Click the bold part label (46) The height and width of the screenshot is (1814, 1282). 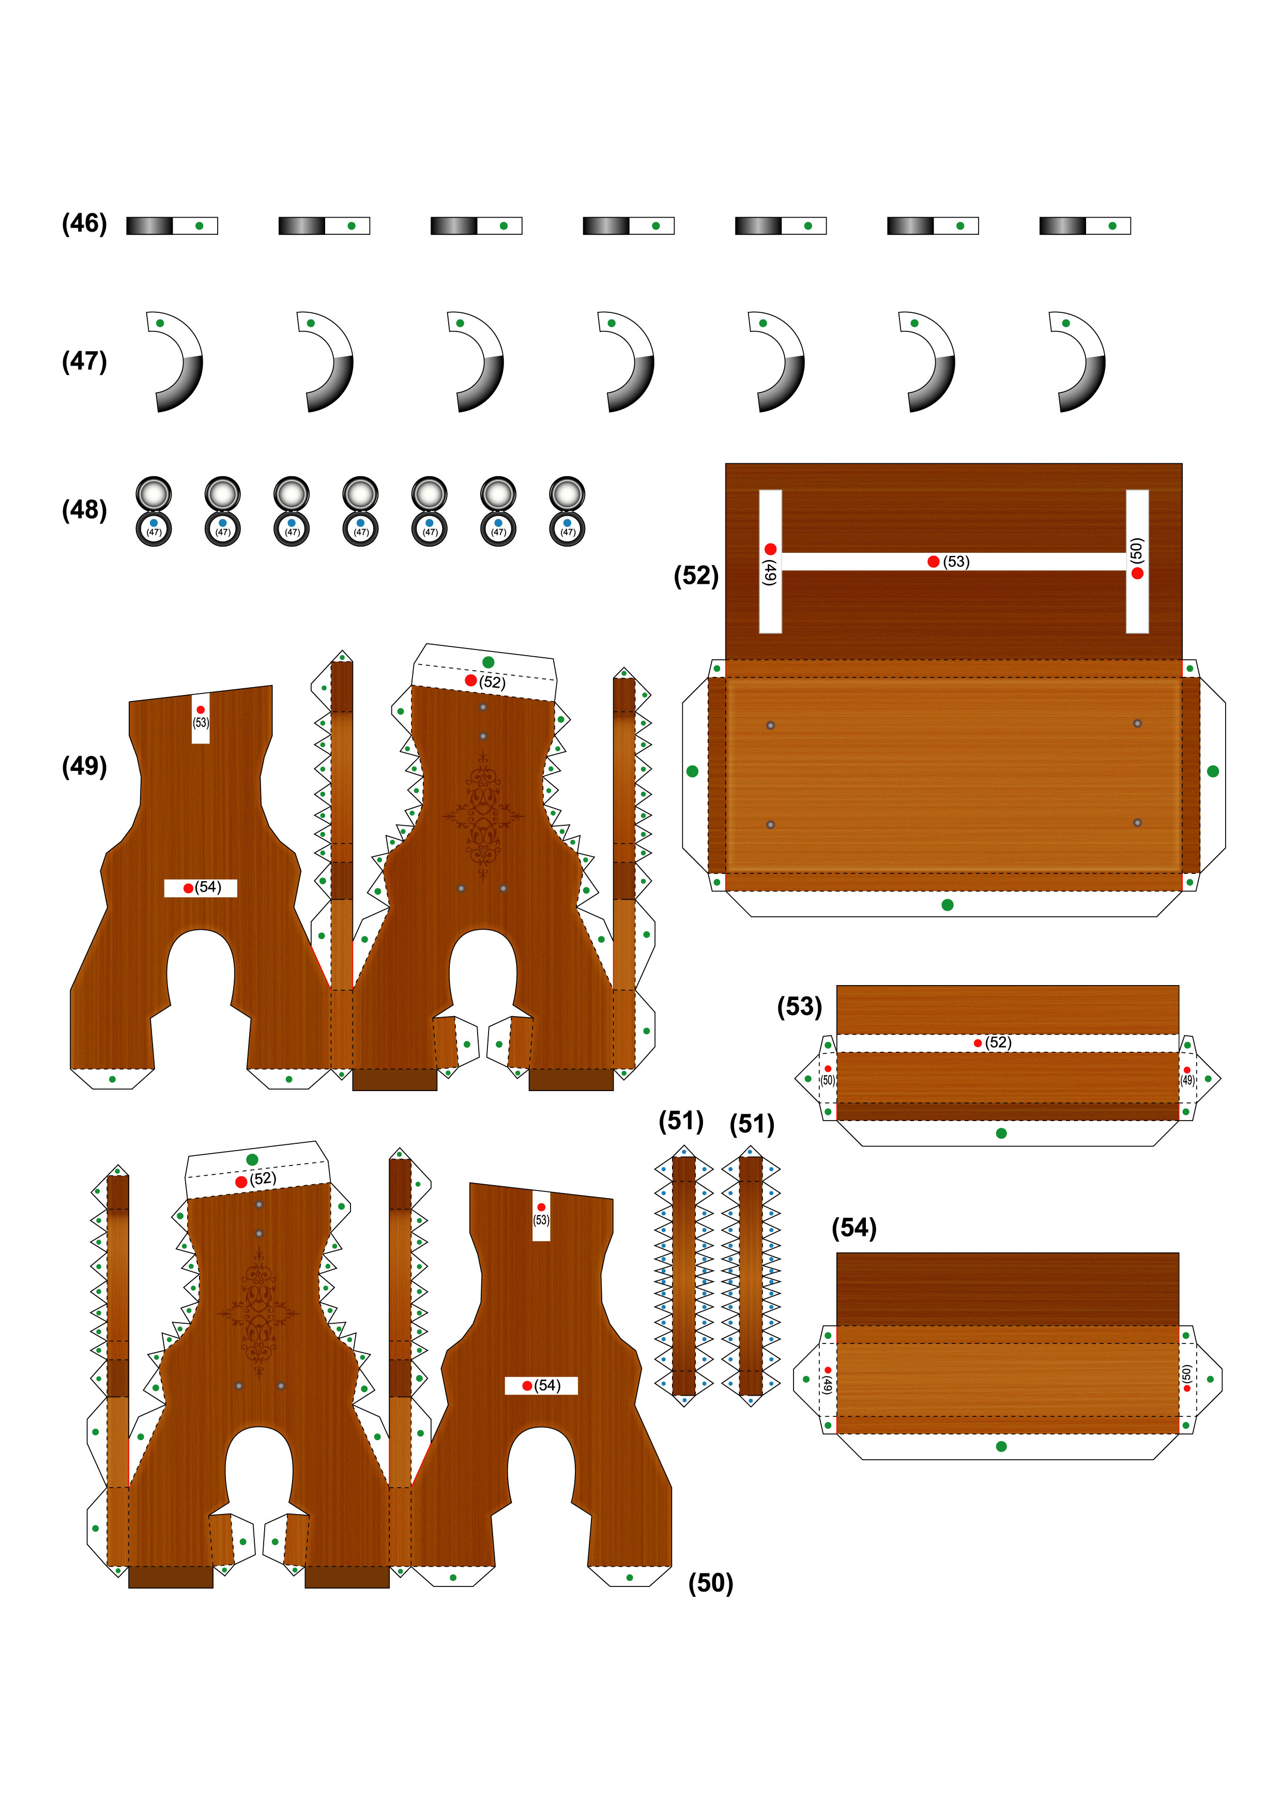pyautogui.click(x=84, y=223)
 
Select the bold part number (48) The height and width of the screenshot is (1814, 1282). pyautogui.click(x=84, y=509)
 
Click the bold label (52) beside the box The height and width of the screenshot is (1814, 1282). pyautogui.click(x=696, y=575)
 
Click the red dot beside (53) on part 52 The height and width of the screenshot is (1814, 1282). pyautogui.click(x=933, y=561)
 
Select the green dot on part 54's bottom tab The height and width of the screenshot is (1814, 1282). pyautogui.click(x=1002, y=1447)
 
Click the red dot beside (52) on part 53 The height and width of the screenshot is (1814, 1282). pyautogui.click(x=978, y=1043)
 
